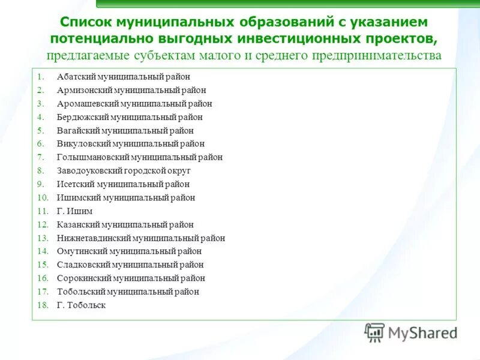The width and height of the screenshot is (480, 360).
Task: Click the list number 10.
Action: pos(42,197)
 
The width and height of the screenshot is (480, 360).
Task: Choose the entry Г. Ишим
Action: pos(75,211)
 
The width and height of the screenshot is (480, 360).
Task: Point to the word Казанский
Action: pos(78,224)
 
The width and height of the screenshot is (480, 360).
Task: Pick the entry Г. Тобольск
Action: pos(81,305)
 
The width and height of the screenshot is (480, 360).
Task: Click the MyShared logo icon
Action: pos(374,332)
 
